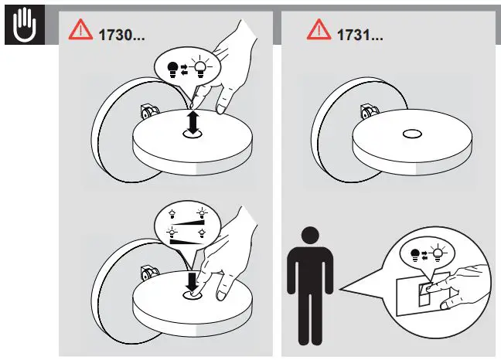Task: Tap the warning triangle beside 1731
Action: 318,29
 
